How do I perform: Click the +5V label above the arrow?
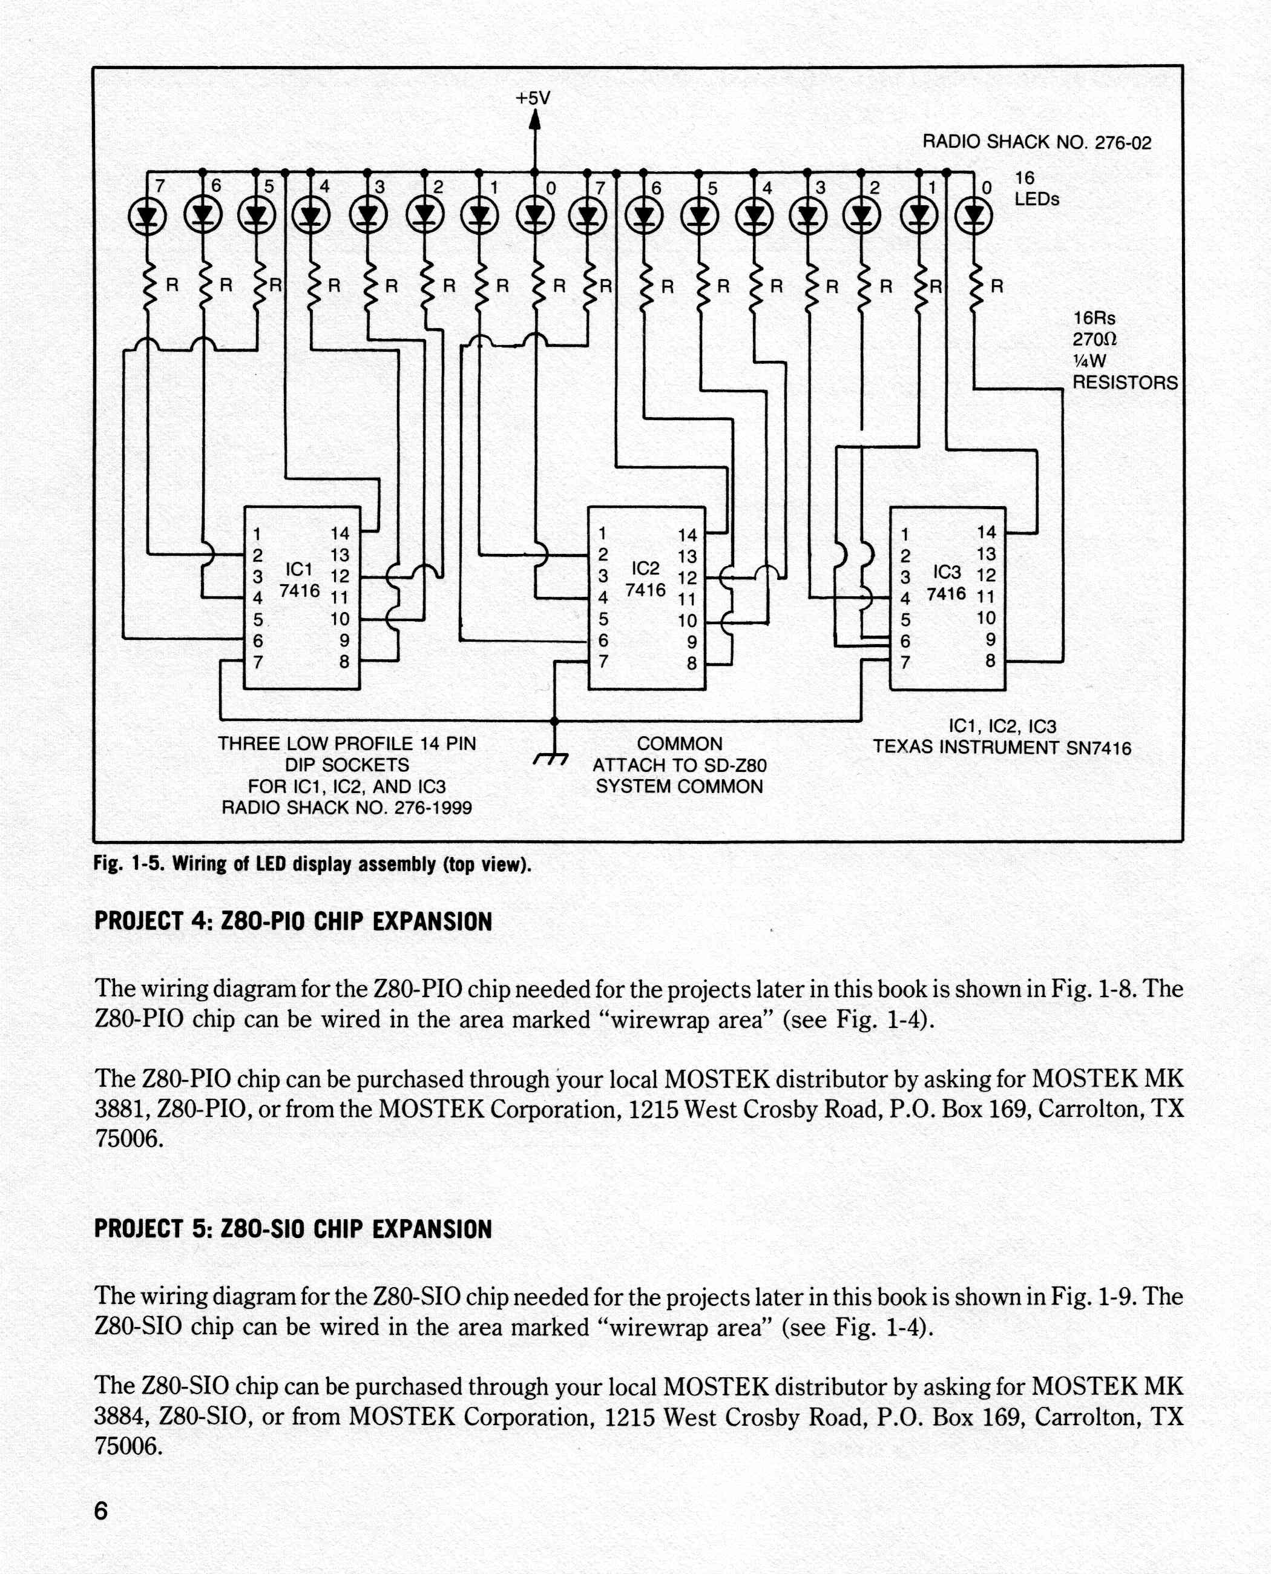point(533,98)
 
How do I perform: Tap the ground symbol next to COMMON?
point(552,759)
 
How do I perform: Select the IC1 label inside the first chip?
point(299,569)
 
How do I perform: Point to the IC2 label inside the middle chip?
point(645,568)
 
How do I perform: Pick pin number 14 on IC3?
point(986,533)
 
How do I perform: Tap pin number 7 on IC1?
point(258,662)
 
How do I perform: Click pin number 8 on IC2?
point(691,664)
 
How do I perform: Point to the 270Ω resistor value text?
point(1094,339)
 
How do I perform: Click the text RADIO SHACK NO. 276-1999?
point(346,808)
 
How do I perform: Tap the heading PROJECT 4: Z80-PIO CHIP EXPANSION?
point(293,921)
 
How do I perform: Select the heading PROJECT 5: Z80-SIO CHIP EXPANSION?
point(293,1229)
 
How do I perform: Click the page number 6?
point(101,1510)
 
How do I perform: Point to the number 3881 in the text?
point(121,1109)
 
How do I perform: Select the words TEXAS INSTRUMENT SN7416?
point(1002,748)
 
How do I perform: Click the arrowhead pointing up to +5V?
point(534,119)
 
